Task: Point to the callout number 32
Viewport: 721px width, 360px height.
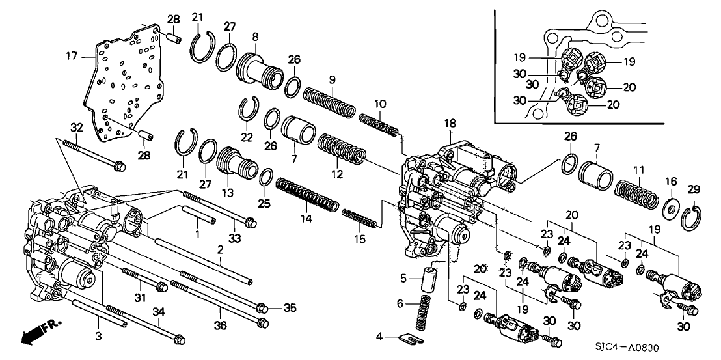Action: [76, 127]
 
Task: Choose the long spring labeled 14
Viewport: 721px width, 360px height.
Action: [306, 195]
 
